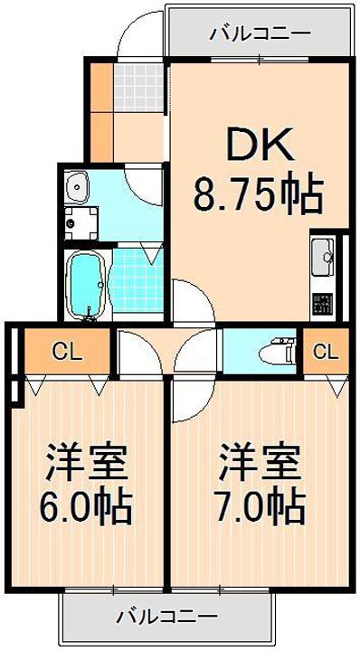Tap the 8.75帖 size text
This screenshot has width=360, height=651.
(x=259, y=194)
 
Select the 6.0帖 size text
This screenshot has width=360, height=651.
(x=86, y=507)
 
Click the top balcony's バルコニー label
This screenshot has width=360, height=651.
(x=261, y=33)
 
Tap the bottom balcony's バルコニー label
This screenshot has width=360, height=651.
(x=166, y=616)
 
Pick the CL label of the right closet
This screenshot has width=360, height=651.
(x=326, y=353)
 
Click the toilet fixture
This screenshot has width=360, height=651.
(x=277, y=352)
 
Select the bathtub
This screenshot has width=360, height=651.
(x=85, y=285)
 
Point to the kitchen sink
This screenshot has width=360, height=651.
(x=323, y=258)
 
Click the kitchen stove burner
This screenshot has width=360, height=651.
(x=323, y=305)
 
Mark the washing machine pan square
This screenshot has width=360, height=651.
(x=81, y=223)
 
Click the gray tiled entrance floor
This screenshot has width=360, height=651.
(x=137, y=87)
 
